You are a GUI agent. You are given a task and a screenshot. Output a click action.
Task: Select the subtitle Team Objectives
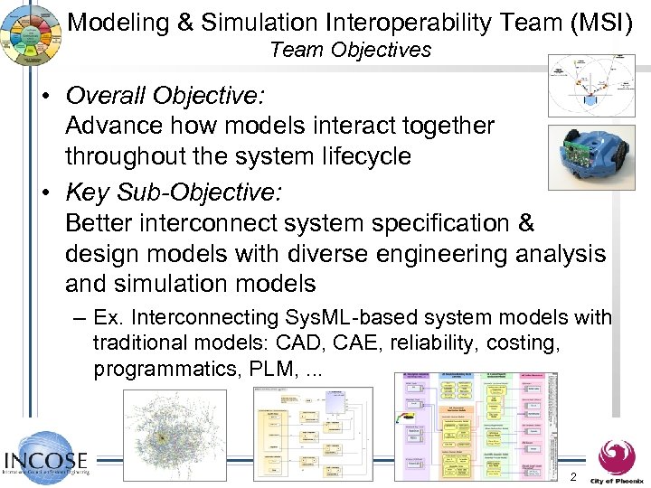[x=351, y=50]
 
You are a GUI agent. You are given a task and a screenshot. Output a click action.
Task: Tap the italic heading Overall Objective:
[x=165, y=95]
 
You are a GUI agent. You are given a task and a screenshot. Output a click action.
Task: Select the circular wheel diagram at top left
[x=33, y=33]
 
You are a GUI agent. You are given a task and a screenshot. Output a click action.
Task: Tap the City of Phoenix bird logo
[x=617, y=456]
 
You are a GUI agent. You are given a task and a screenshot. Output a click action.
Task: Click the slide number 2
[x=572, y=476]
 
